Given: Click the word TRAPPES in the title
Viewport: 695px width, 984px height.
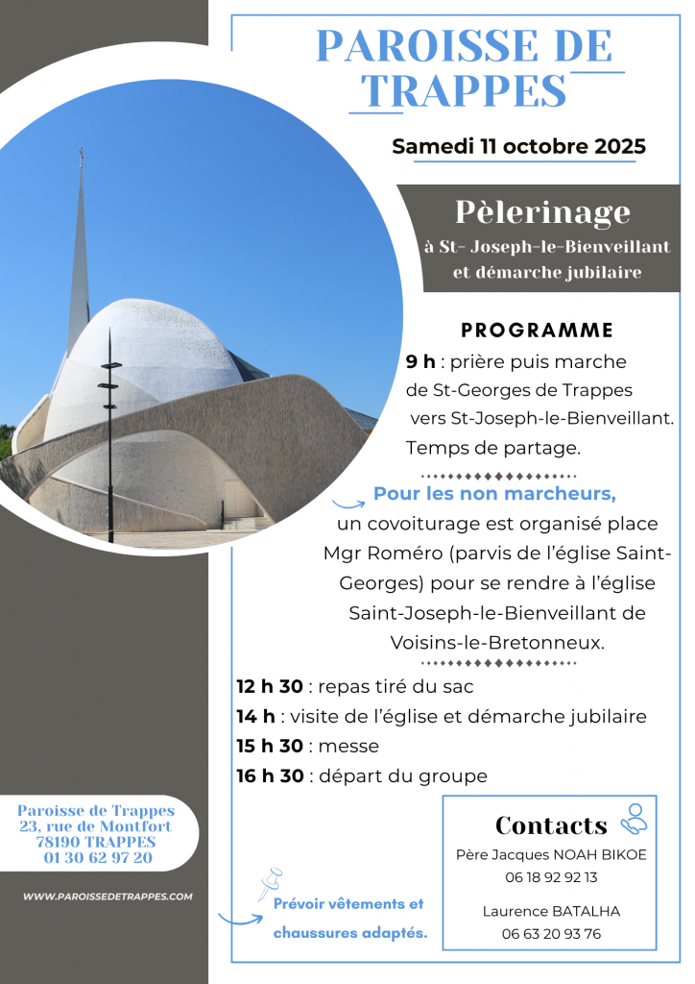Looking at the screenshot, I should pyautogui.click(x=467, y=90).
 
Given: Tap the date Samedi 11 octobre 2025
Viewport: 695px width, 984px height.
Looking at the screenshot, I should pyautogui.click(x=518, y=147).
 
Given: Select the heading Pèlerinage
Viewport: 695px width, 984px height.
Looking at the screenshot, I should pyautogui.click(x=542, y=211).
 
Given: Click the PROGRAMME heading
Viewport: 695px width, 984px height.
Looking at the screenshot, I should pyautogui.click(x=537, y=331).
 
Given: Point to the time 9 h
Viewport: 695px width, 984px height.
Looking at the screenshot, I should pyautogui.click(x=420, y=362).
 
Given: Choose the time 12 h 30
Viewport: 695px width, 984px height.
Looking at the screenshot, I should pyautogui.click(x=270, y=687).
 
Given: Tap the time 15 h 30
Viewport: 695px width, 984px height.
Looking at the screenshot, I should pyautogui.click(x=270, y=747).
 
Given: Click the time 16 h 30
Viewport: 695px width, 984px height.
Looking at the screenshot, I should pyautogui.click(x=270, y=776).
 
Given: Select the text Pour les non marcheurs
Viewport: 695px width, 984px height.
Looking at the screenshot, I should pyautogui.click(x=493, y=495).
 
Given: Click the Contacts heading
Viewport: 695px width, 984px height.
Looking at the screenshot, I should pyautogui.click(x=551, y=825).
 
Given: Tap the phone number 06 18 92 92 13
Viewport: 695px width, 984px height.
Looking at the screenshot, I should pyautogui.click(x=551, y=876).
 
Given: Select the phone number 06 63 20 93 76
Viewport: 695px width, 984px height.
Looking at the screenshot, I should pyautogui.click(x=551, y=933).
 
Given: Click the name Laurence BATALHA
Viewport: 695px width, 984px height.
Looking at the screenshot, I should pyautogui.click(x=551, y=911).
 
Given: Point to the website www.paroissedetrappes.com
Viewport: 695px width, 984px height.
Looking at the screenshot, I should pyautogui.click(x=108, y=897).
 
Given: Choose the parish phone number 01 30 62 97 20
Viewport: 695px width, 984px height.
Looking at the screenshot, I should pyautogui.click(x=98, y=857).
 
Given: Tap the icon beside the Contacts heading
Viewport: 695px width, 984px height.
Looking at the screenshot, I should pyautogui.click(x=634, y=819).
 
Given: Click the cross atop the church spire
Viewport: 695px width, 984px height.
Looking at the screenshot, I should pyautogui.click(x=82, y=154).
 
